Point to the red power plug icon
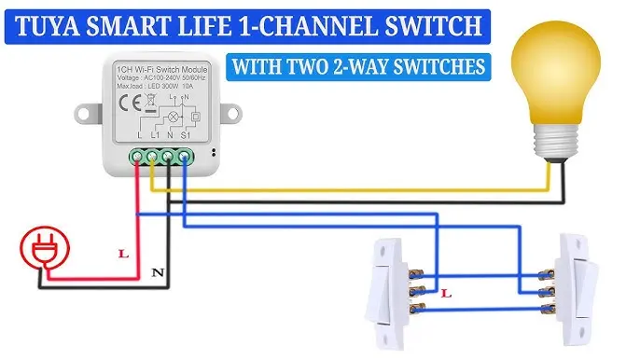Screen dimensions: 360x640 40,251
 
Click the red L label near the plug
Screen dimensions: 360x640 122,253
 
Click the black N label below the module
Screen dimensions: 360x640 158,274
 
